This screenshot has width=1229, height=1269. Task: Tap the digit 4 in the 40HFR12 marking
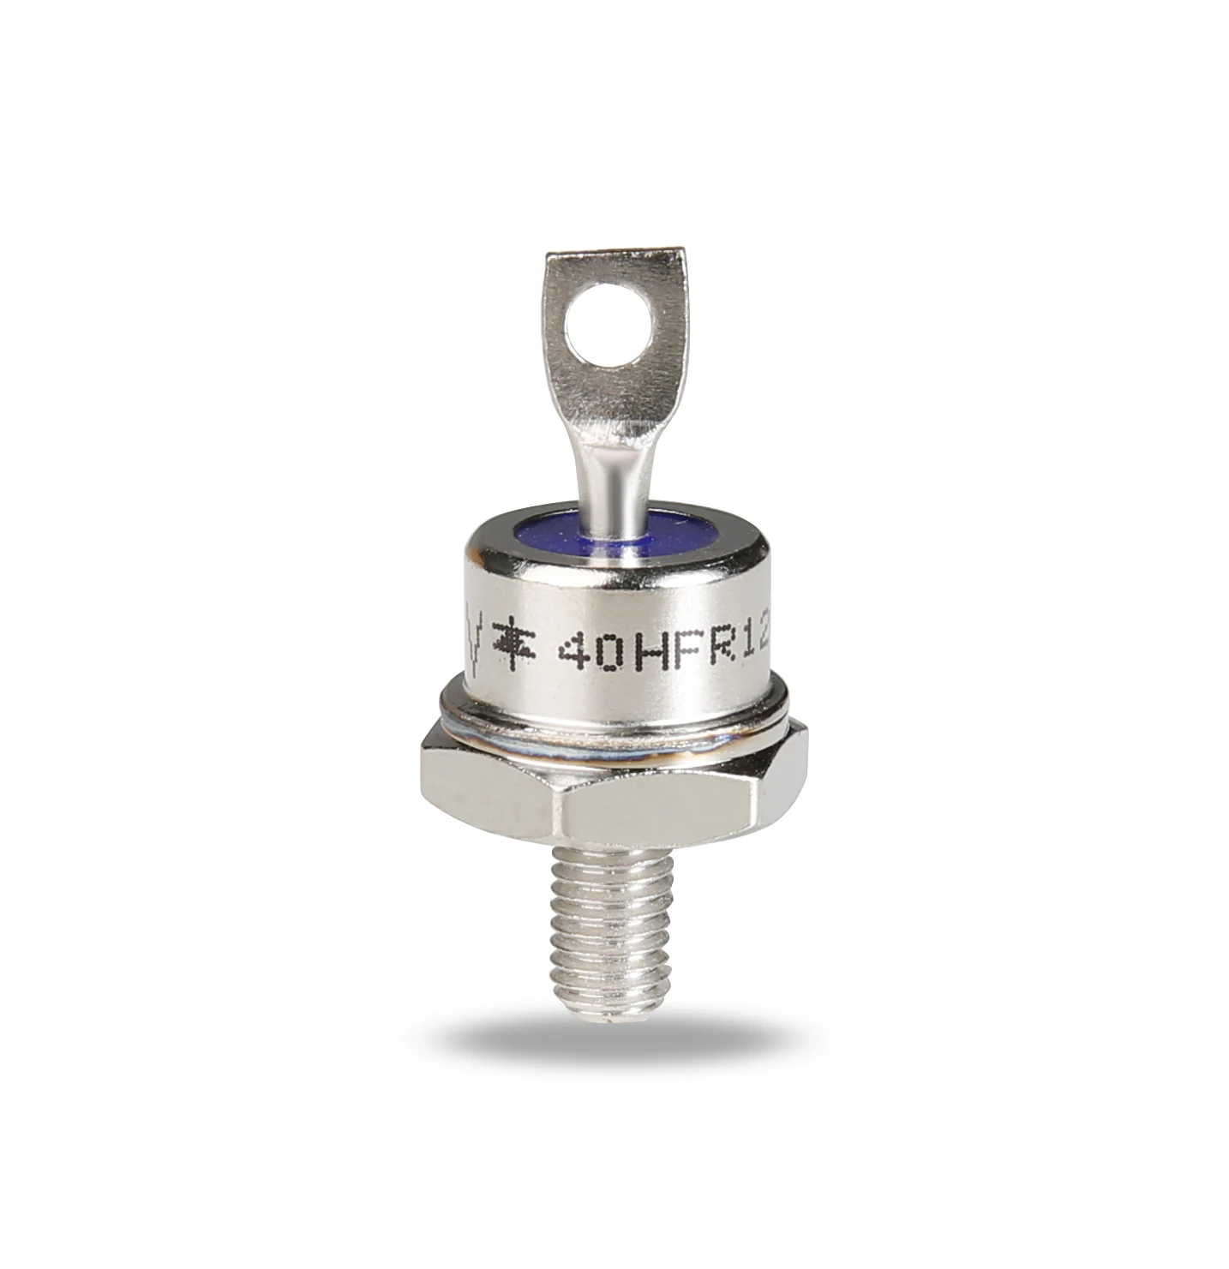pyautogui.click(x=574, y=656)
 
